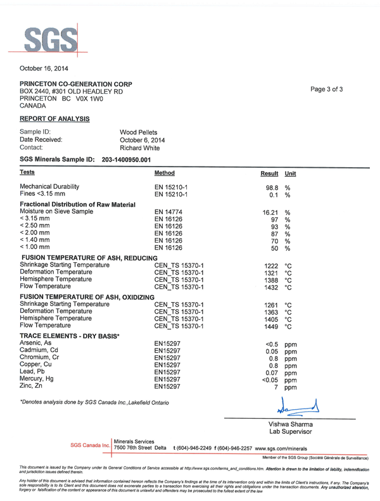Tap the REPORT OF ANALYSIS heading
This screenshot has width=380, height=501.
54,118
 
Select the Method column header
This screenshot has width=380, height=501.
165,173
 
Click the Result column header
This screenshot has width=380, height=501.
270,174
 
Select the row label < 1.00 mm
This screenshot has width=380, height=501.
35,248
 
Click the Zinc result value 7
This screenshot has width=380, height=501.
276,386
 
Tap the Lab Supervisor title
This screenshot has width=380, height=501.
291,431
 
